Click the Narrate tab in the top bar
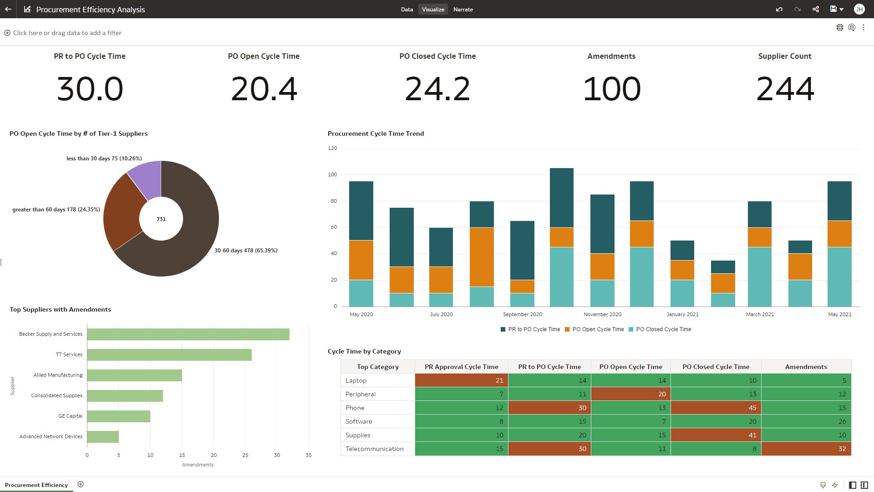point(463,9)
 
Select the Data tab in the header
point(407,9)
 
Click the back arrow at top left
point(8,9)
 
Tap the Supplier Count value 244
point(785,89)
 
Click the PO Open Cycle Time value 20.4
point(264,89)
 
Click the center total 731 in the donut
point(161,219)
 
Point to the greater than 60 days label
point(56,210)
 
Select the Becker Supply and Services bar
point(188,334)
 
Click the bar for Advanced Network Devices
point(103,437)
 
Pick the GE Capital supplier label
point(70,416)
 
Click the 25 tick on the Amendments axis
point(245,455)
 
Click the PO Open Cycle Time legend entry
point(598,329)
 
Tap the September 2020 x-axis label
point(522,314)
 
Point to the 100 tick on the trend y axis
point(332,174)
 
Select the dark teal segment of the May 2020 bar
point(361,210)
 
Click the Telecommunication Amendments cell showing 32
point(806,449)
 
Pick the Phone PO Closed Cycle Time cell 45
point(716,408)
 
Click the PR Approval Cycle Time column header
point(461,367)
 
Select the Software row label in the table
point(359,421)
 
